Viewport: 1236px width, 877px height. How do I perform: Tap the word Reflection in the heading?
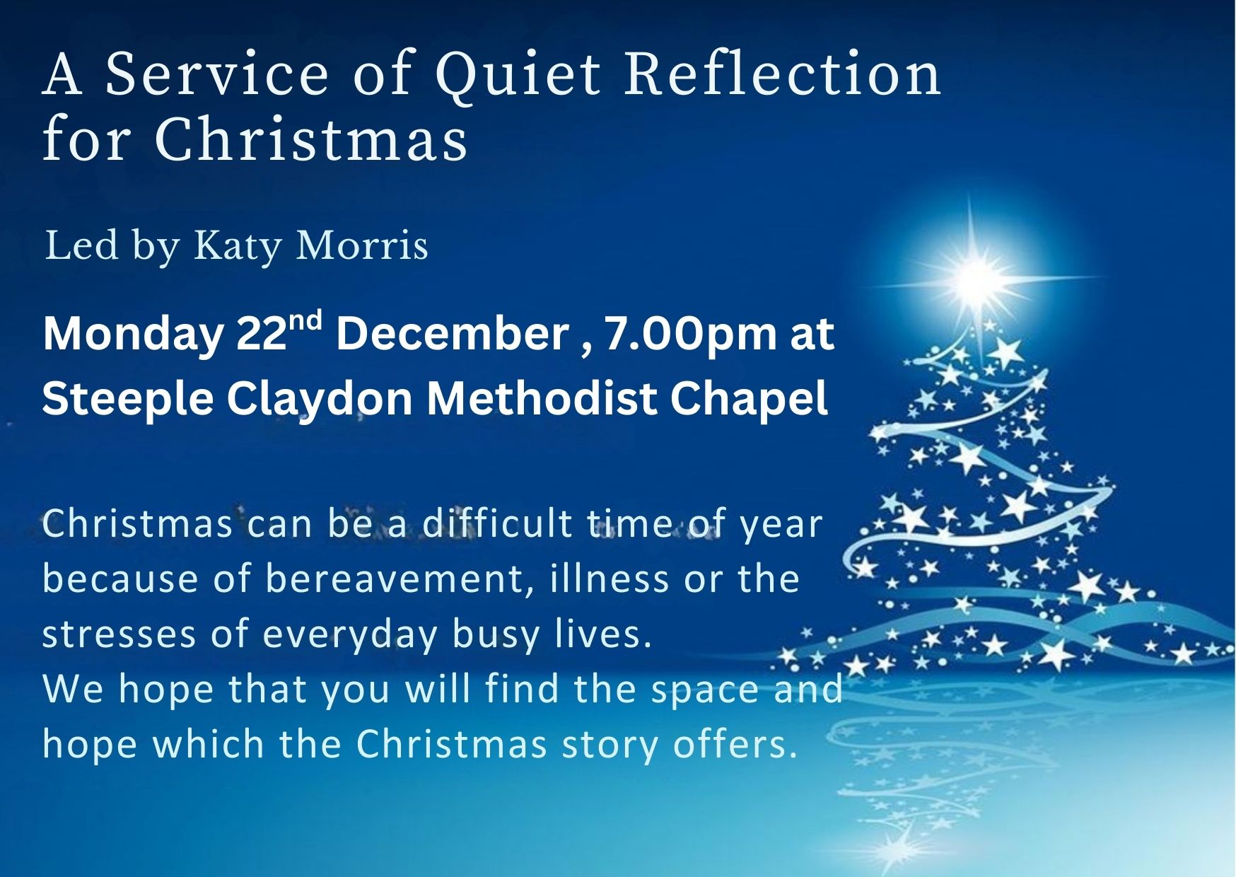[x=783, y=73]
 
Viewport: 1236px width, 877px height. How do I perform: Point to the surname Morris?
[x=361, y=246]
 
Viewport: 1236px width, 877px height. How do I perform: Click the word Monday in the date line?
[x=132, y=335]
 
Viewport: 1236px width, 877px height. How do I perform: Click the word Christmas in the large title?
[x=310, y=139]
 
